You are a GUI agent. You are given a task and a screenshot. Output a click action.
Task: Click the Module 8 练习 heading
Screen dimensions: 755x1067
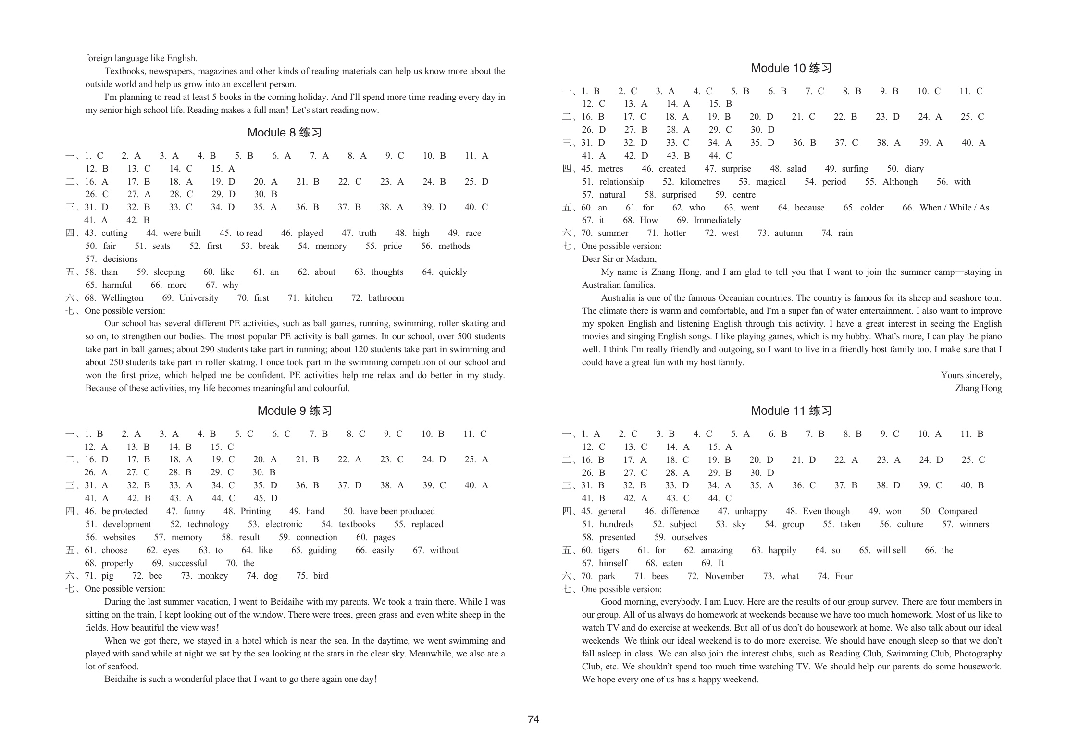(285, 133)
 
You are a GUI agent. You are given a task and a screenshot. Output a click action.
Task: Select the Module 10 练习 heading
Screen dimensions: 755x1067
(791, 68)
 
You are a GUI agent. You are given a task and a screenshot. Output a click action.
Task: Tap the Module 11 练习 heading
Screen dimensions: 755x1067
(791, 411)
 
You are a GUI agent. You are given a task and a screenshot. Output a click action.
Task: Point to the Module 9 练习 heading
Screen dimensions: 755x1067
(295, 411)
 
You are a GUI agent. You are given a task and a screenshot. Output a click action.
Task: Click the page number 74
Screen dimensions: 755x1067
(533, 719)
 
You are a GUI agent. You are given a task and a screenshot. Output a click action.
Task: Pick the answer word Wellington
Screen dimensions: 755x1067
(123, 298)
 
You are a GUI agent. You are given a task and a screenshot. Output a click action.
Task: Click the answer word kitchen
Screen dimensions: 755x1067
(318, 298)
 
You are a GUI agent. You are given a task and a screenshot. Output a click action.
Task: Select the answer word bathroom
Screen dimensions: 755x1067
(385, 298)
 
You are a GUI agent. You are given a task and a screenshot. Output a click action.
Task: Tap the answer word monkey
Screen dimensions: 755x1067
(212, 576)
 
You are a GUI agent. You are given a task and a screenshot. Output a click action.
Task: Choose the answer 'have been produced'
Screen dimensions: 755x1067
(397, 511)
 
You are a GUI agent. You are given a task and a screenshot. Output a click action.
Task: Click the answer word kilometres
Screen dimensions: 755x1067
(700, 182)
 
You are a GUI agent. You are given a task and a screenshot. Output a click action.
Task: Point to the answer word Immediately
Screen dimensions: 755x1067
(717, 220)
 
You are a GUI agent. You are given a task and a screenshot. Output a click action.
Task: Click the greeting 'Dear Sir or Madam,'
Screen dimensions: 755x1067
(619, 259)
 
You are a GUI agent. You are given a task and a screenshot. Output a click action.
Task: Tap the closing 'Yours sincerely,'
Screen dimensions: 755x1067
(971, 375)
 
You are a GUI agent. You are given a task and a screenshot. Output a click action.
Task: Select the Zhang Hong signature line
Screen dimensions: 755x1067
(978, 388)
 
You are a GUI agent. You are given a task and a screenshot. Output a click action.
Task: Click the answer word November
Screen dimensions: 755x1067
(724, 576)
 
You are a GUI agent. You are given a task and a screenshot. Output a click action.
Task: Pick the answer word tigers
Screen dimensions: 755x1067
(608, 550)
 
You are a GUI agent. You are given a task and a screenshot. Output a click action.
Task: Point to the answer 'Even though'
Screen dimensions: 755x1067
(826, 511)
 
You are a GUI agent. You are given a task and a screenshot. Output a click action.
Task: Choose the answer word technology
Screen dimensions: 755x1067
(208, 524)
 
